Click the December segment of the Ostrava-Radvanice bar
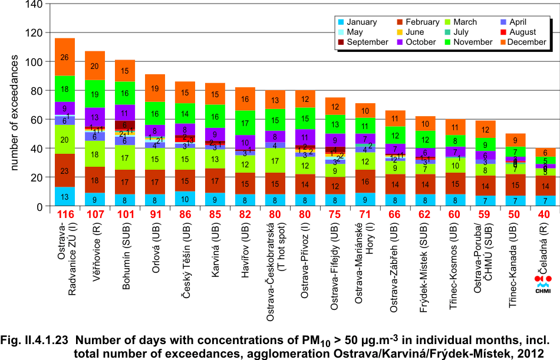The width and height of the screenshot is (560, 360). point(65,57)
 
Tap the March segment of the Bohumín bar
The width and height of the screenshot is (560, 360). point(125,157)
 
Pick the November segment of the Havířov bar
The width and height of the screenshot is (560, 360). point(245,123)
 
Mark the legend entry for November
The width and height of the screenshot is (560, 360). point(467,42)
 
